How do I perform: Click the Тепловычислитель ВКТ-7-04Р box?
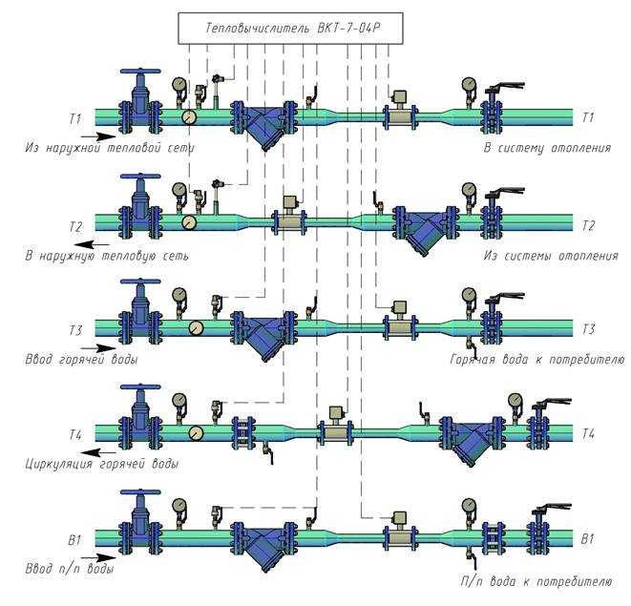click(290, 29)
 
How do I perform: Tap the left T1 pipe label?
click(75, 119)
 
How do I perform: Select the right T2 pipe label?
click(588, 226)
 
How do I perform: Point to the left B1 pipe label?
click(74, 540)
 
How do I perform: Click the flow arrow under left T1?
click(98, 136)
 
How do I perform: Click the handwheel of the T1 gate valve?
click(141, 72)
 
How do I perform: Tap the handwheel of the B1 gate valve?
click(141, 492)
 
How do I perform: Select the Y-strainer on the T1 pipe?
click(263, 123)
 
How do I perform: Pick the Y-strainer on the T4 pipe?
click(472, 439)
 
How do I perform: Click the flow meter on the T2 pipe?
click(290, 216)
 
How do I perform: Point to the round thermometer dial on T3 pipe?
click(196, 328)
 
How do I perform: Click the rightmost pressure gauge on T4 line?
click(515, 401)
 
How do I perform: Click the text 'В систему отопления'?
click(547, 148)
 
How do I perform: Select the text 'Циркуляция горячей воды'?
click(101, 464)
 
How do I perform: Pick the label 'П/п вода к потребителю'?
click(536, 581)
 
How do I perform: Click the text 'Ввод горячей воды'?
click(82, 359)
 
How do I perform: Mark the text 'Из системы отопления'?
click(551, 256)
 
